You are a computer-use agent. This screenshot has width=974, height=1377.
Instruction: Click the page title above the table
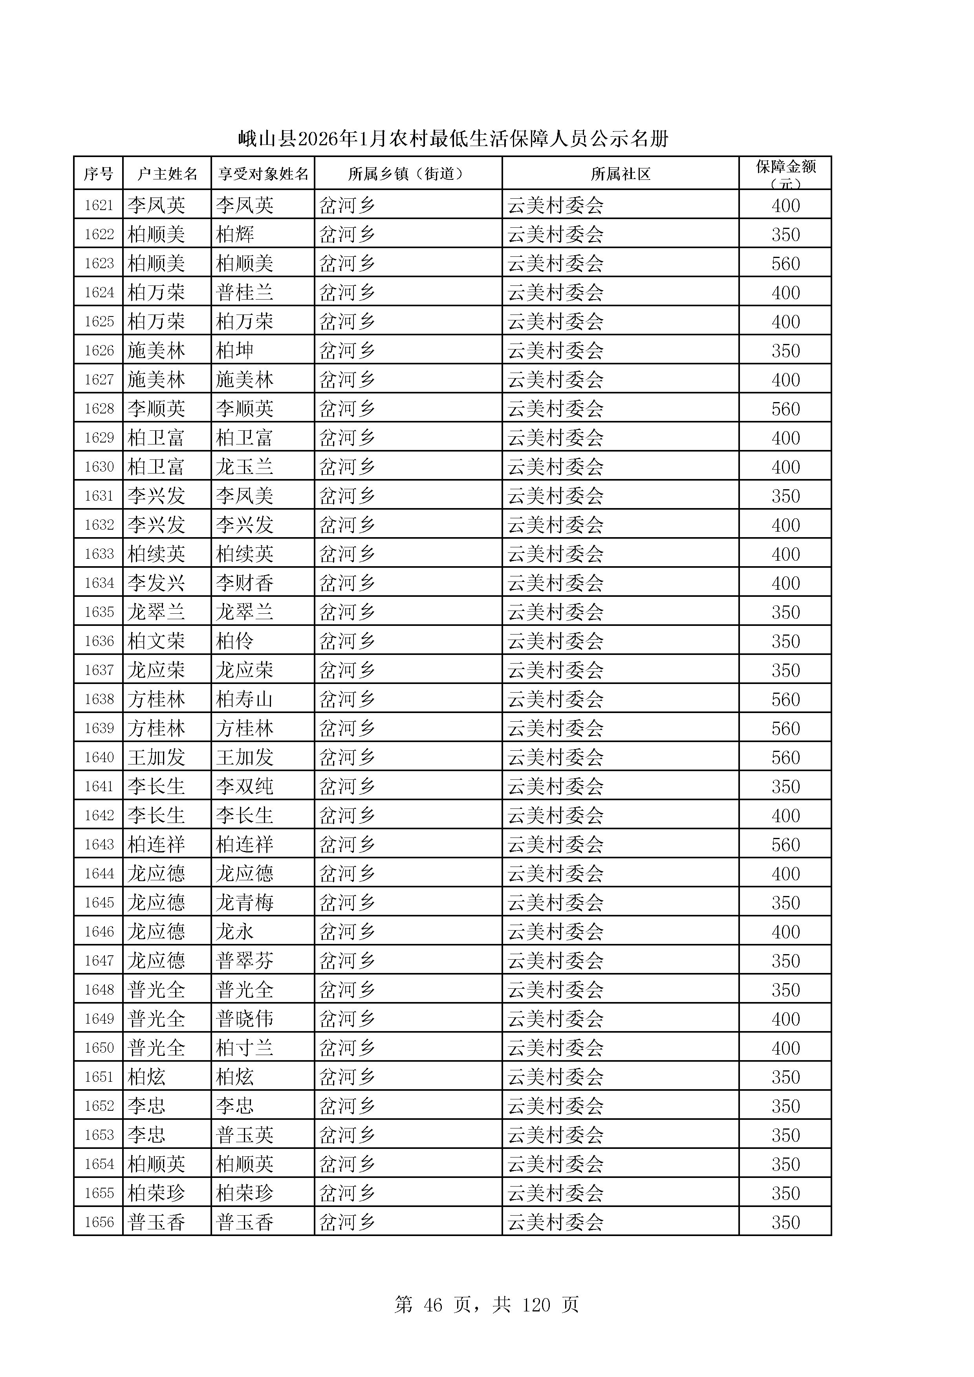click(x=453, y=139)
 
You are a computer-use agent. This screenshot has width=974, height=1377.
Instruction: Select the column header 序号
click(x=98, y=174)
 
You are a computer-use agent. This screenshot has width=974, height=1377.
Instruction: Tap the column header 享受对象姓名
click(x=263, y=174)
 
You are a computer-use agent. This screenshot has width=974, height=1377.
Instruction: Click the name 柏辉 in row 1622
click(x=235, y=234)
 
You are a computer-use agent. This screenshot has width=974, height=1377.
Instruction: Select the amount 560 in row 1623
click(x=785, y=264)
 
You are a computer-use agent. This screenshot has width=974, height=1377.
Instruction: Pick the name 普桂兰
click(x=245, y=293)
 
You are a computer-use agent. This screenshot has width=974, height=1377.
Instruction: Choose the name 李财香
click(x=245, y=583)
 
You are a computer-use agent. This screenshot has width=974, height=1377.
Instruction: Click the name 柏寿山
click(x=245, y=699)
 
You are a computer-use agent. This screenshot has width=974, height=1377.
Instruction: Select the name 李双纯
click(x=245, y=786)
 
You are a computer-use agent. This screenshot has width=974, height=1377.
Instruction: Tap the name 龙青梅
click(x=245, y=903)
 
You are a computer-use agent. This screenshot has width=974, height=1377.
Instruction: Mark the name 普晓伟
click(x=245, y=1019)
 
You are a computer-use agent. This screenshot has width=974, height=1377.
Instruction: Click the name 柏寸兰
click(x=245, y=1048)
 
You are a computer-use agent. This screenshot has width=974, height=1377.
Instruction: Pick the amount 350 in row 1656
click(x=785, y=1222)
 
